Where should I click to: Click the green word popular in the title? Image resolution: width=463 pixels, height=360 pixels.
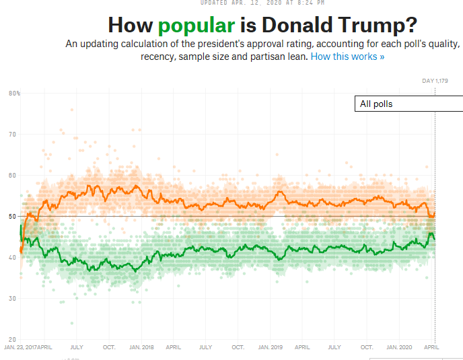(x=197, y=26)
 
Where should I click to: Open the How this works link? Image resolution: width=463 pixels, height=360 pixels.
(x=347, y=57)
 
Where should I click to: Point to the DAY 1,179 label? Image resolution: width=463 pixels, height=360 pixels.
(x=435, y=81)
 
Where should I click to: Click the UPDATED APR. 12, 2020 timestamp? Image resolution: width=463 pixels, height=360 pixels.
(x=262, y=3)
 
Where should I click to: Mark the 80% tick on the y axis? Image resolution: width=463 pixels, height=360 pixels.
(x=14, y=93)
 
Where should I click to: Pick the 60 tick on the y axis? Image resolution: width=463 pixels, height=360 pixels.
(x=12, y=175)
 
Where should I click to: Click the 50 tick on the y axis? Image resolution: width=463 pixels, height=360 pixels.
(x=12, y=216)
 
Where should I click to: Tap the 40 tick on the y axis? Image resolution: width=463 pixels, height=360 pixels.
(x=12, y=257)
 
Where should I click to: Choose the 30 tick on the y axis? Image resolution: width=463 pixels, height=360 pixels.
(x=12, y=298)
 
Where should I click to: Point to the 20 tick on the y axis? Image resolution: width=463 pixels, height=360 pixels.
(x=12, y=339)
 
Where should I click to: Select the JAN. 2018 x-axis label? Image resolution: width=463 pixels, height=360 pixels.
(x=141, y=348)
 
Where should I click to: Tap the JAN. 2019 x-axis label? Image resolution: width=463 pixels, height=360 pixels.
(x=270, y=348)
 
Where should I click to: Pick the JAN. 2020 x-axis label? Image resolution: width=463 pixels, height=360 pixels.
(x=399, y=348)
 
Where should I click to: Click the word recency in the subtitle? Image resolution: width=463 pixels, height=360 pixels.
(x=157, y=57)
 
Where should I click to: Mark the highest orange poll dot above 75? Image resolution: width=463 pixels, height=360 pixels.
(x=71, y=110)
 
